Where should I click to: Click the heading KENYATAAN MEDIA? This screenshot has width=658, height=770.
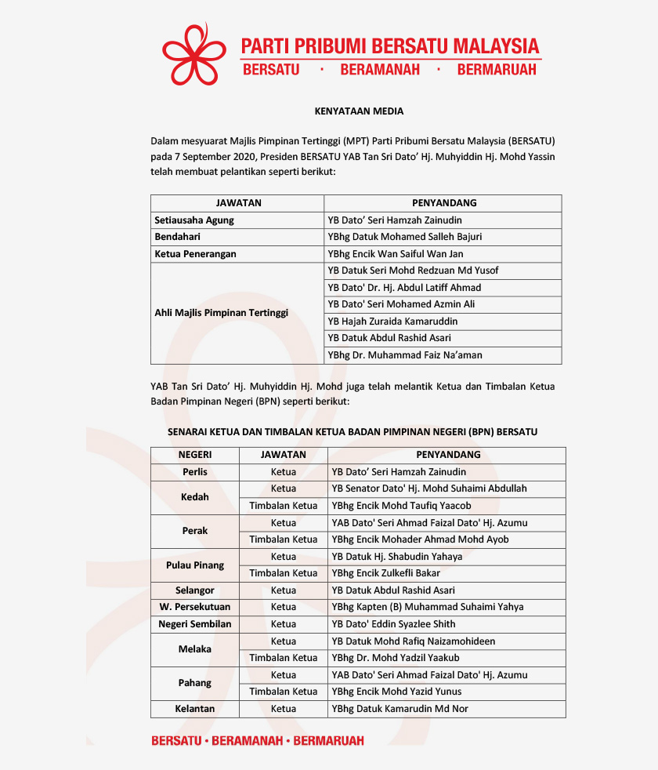359,111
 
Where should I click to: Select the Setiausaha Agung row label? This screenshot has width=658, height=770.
194,220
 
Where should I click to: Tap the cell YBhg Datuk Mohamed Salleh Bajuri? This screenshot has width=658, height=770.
405,237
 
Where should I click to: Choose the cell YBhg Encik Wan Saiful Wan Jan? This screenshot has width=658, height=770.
396,254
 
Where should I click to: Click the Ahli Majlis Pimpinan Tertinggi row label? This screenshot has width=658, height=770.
222,313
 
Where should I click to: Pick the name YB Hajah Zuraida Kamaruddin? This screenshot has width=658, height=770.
393,321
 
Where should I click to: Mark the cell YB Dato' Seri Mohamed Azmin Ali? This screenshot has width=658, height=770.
402,304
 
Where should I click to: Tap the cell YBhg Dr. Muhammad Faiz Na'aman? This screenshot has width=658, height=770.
406,355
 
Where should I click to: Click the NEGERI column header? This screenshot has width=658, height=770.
195,455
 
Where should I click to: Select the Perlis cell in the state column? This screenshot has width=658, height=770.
195,472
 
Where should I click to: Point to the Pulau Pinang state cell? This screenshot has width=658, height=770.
195,565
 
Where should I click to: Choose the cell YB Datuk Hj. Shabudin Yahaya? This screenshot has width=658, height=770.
397,557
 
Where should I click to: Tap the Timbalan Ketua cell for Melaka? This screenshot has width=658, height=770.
284,658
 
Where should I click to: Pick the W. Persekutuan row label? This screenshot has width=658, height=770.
195,607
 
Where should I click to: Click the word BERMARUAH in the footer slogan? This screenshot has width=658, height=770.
328,741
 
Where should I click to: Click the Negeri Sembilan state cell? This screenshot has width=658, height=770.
195,624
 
